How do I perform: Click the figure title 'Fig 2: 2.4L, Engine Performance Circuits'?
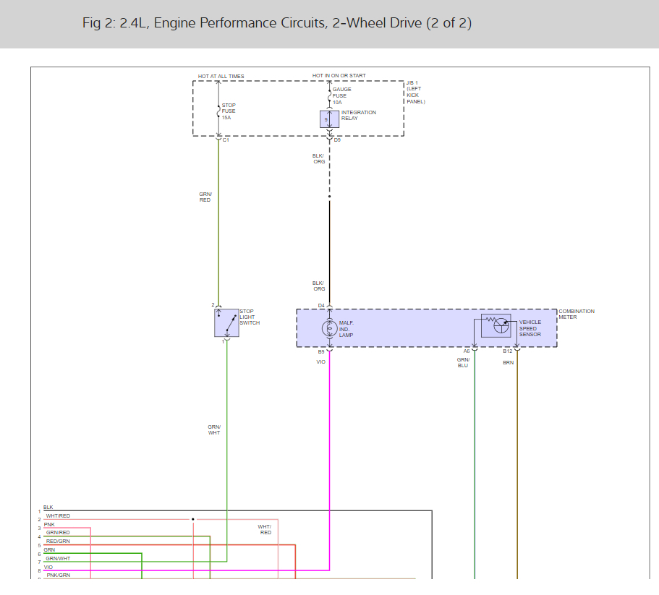277,23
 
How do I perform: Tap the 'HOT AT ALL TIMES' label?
221,76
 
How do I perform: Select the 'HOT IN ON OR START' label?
339,76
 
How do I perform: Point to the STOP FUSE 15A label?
229,111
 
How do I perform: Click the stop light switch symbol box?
226,322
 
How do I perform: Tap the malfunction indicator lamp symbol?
329,328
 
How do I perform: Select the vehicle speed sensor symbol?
496,325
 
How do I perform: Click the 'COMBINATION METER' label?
577,314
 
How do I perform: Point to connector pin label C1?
226,140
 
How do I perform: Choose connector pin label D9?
337,140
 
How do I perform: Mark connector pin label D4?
321,305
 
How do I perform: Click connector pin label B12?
508,351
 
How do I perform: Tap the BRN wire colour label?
508,362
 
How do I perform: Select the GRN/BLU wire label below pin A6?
463,362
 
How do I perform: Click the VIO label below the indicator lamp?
320,361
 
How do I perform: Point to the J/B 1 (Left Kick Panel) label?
415,93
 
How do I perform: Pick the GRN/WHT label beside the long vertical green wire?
214,429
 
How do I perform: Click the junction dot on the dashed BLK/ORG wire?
329,197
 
